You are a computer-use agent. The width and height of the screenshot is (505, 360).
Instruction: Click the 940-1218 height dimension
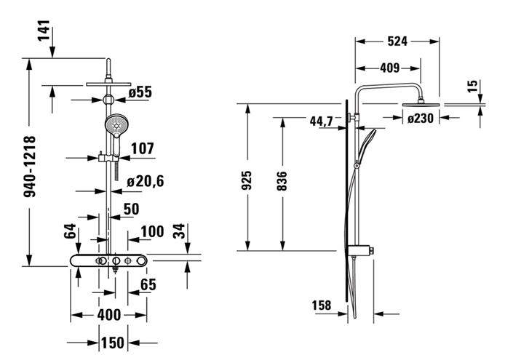(x=30, y=167)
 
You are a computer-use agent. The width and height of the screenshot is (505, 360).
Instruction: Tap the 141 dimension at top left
(x=44, y=31)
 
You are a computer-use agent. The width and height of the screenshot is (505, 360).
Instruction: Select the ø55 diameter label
(x=140, y=92)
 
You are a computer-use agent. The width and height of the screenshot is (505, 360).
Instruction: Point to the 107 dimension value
(x=143, y=149)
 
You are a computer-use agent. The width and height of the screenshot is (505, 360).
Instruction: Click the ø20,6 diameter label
(x=146, y=181)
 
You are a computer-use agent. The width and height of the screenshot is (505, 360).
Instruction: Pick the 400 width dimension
(x=109, y=315)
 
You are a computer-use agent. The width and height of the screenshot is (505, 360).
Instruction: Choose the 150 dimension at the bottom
(x=113, y=343)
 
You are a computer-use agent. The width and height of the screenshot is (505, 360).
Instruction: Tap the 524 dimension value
(x=397, y=41)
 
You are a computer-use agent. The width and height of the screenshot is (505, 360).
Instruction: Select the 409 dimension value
(x=390, y=68)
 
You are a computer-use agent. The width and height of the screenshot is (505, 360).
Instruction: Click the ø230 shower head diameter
(x=421, y=119)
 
